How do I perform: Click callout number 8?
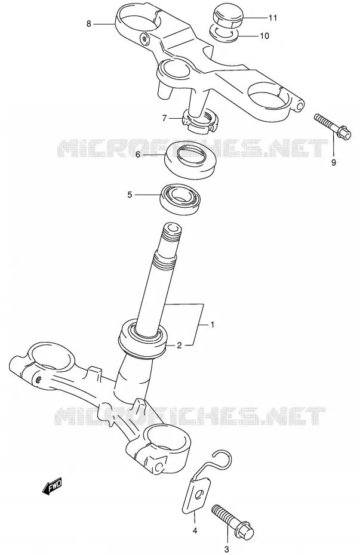pyautogui.click(x=88, y=24)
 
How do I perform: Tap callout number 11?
pyautogui.click(x=273, y=18)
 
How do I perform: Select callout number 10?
pyautogui.click(x=264, y=36)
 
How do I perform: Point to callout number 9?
pyautogui.click(x=334, y=162)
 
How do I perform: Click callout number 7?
pyautogui.click(x=164, y=118)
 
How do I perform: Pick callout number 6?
pyautogui.click(x=138, y=155)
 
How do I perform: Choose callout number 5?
pyautogui.click(x=130, y=195)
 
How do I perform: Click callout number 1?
pyautogui.click(x=213, y=324)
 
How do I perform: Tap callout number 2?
pyautogui.click(x=179, y=346)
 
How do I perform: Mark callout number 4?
pyautogui.click(x=195, y=530)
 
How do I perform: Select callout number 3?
pyautogui.click(x=226, y=549)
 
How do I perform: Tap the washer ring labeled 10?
pyautogui.click(x=224, y=32)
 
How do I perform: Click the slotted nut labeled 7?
pyautogui.click(x=201, y=121)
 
